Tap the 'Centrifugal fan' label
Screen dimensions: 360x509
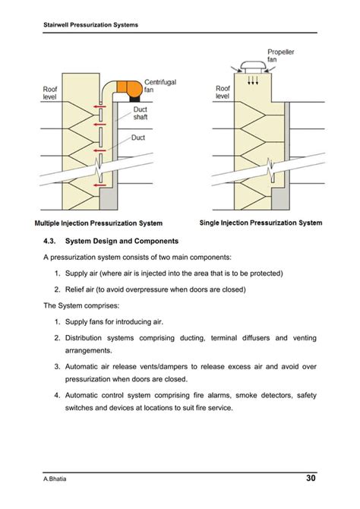(160, 86)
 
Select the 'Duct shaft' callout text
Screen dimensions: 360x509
(141, 113)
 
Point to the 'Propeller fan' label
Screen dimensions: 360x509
(281, 55)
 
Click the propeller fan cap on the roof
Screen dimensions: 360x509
(253, 67)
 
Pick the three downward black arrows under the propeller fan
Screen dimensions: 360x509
(253, 80)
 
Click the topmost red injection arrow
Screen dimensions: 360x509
(99, 106)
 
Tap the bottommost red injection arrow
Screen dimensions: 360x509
(99, 185)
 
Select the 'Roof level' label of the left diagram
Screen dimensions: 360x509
(49, 93)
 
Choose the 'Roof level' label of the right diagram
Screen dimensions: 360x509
(223, 92)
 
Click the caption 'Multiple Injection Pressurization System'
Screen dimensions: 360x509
(99, 223)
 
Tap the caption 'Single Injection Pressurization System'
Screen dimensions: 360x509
(261, 223)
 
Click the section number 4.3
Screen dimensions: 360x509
(49, 241)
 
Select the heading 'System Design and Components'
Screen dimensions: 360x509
(122, 241)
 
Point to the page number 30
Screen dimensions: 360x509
(311, 478)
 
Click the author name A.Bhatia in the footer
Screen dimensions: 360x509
(55, 479)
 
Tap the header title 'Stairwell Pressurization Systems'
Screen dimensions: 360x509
(90, 25)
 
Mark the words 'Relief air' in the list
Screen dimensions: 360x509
(80, 289)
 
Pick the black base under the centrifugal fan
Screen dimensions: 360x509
(135, 98)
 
